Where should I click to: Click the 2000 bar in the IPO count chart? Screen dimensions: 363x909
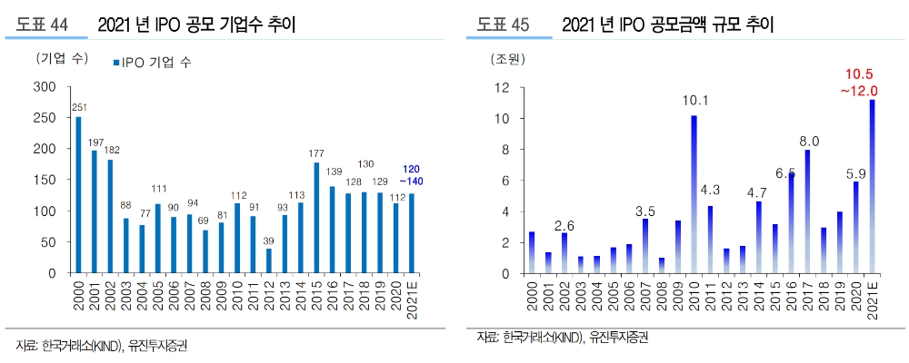78,195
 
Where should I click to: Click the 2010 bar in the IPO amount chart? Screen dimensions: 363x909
694,194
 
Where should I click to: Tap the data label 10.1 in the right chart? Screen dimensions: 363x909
694,101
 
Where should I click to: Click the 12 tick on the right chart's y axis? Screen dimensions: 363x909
501,88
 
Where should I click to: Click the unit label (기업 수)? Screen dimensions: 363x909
61,59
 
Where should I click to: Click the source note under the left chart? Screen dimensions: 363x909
100,346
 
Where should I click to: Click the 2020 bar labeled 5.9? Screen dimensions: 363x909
855,227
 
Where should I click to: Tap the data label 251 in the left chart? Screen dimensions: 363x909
78,108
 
